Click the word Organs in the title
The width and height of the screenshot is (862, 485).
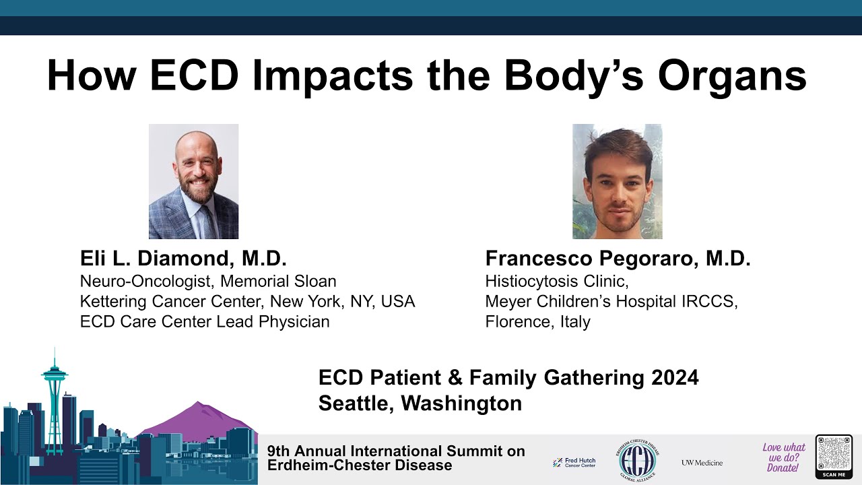(732, 75)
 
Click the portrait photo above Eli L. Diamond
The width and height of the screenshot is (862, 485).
(193, 181)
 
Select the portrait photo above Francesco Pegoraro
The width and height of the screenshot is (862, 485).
(617, 181)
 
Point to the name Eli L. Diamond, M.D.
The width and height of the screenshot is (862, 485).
(183, 259)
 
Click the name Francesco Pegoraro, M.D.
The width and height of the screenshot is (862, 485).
(618, 259)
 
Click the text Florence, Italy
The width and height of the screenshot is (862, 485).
(537, 322)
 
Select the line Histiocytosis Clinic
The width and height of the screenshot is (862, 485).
(557, 281)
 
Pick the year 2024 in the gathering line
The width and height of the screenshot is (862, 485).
(675, 378)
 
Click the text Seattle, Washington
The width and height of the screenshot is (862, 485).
(420, 403)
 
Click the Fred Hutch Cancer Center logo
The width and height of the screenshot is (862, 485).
(574, 463)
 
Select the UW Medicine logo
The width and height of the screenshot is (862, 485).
(702, 463)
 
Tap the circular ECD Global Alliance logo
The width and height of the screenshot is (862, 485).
(636, 461)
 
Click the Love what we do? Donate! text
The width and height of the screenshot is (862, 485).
(783, 457)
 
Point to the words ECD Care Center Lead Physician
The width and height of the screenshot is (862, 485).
(205, 322)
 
